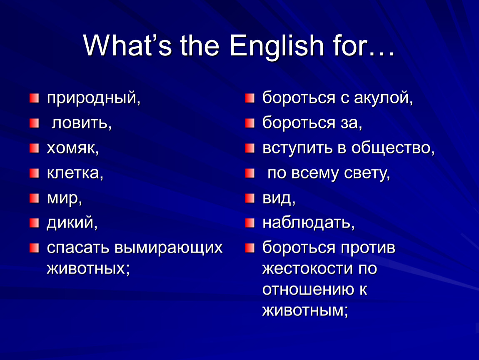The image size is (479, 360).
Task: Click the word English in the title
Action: (x=277, y=46)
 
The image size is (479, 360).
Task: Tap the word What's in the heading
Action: (x=127, y=45)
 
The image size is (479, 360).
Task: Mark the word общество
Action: (x=393, y=148)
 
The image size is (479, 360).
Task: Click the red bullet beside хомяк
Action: (x=34, y=148)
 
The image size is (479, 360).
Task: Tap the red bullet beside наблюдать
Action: (x=250, y=223)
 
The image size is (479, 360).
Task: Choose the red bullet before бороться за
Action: (x=250, y=123)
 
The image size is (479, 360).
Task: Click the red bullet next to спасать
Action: (x=34, y=248)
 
